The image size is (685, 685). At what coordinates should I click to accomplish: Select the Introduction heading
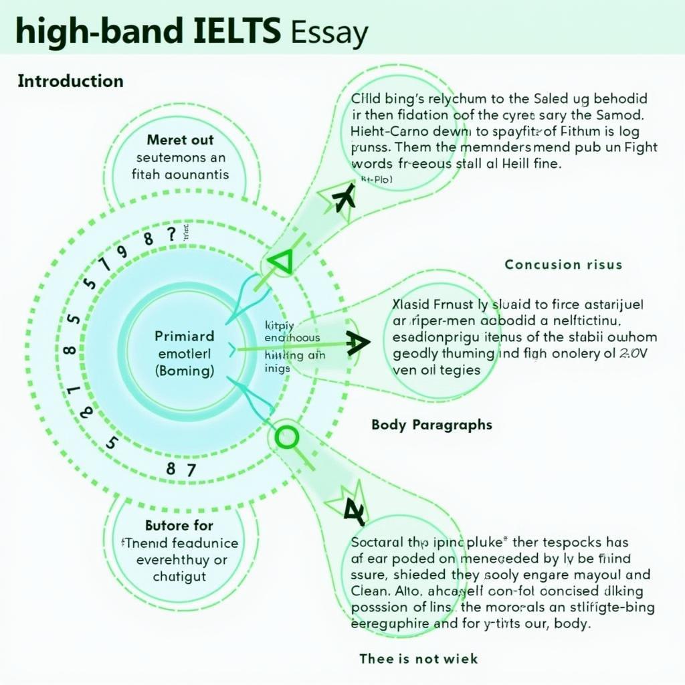click(70, 82)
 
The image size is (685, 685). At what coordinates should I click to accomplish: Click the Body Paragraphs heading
click(431, 425)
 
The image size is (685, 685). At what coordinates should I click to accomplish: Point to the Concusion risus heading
click(563, 264)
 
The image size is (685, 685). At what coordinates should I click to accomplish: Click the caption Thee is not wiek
click(419, 658)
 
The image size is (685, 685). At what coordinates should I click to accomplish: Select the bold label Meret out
click(181, 140)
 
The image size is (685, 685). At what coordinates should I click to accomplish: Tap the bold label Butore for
click(179, 525)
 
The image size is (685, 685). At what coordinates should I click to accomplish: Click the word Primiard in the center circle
click(185, 336)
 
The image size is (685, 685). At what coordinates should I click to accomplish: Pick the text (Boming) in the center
click(184, 369)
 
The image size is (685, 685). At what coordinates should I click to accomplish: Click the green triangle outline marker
click(281, 262)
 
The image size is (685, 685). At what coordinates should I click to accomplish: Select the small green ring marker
click(286, 437)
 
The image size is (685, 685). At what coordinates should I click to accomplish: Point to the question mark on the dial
click(172, 234)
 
